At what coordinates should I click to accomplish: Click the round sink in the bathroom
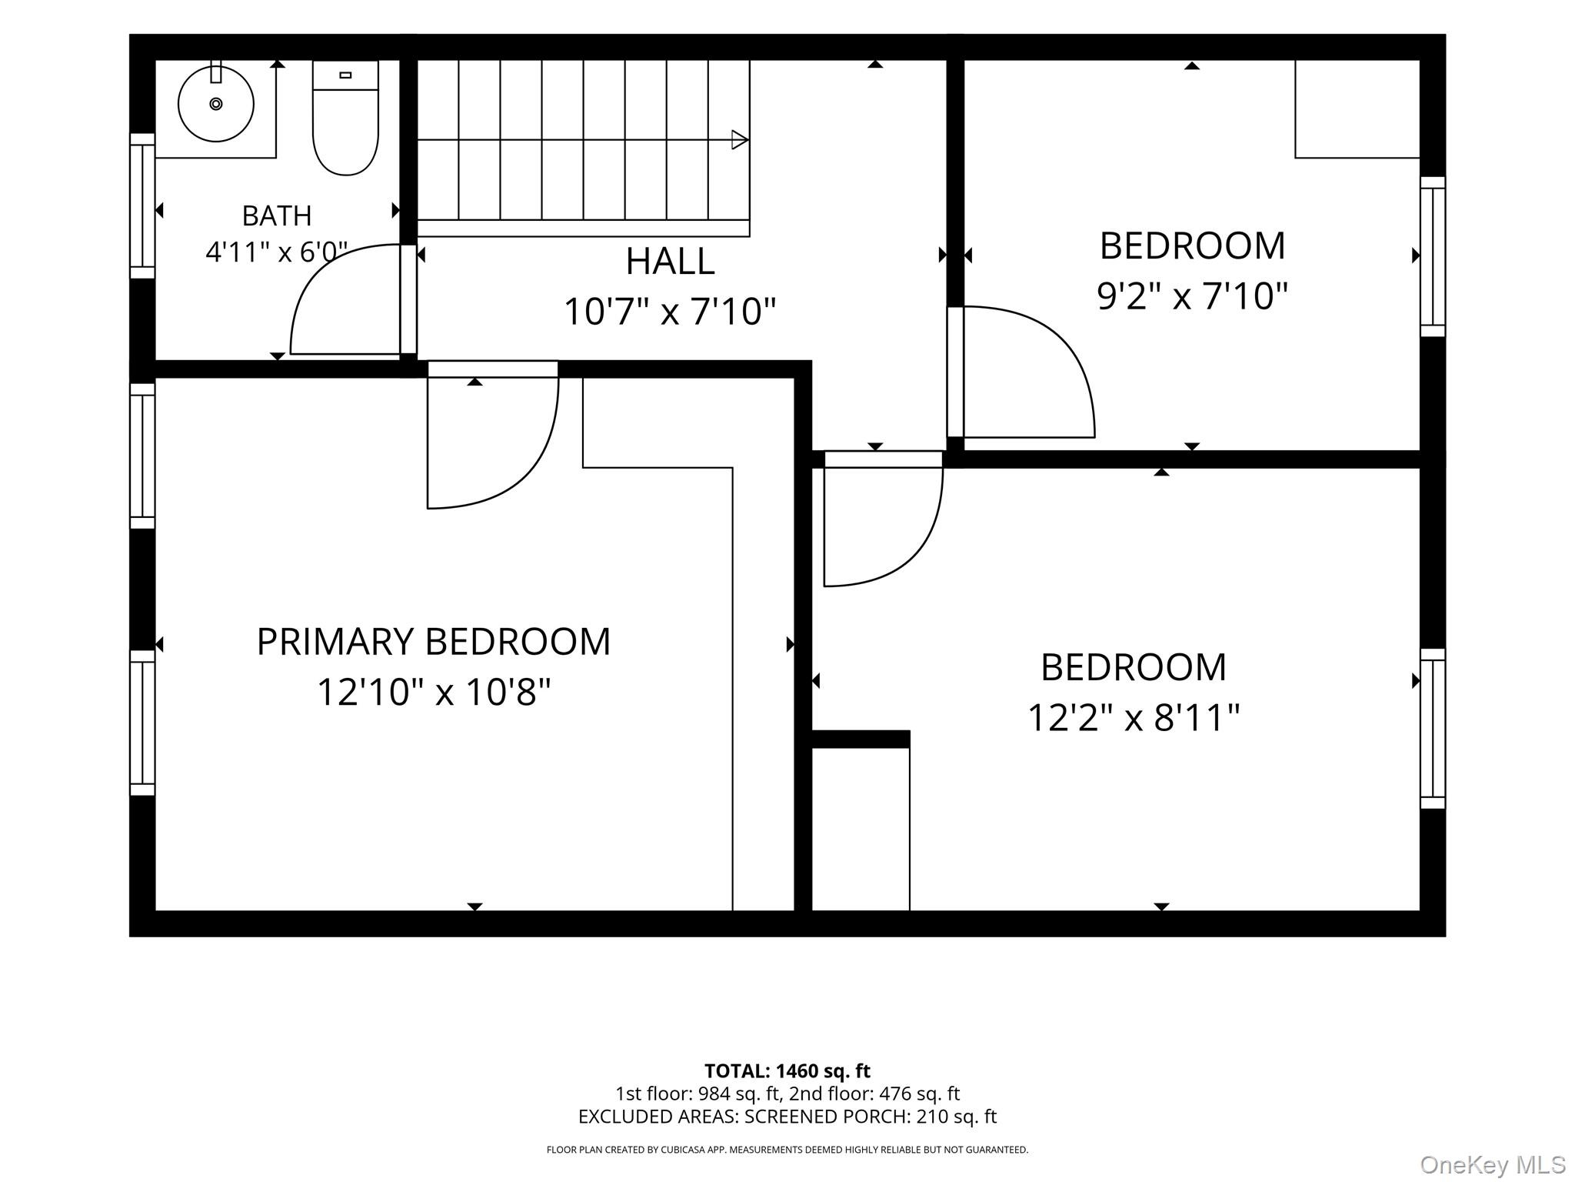[216, 104]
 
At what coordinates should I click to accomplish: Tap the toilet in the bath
[346, 118]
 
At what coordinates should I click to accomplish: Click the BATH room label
[277, 215]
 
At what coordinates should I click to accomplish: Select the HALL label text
[670, 261]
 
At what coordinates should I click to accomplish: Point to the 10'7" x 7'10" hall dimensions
[670, 312]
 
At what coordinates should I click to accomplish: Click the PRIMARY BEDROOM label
[434, 641]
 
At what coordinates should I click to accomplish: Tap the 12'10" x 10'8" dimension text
[434, 692]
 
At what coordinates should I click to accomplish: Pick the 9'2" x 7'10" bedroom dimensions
[1192, 296]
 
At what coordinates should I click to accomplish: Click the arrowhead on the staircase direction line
[740, 140]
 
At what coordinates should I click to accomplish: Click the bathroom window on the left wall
[142, 205]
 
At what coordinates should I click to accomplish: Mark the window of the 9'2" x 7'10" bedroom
[1433, 256]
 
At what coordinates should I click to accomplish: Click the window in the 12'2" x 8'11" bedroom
[1433, 729]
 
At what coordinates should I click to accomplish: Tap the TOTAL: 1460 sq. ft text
[787, 1071]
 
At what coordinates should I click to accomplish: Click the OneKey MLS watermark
[1493, 1165]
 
